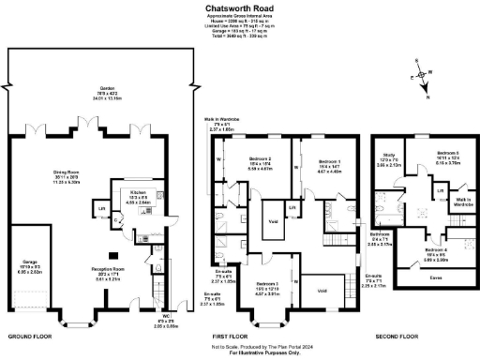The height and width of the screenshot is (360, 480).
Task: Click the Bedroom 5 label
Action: coord(446,151)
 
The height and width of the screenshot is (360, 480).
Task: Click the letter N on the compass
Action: coord(428,97)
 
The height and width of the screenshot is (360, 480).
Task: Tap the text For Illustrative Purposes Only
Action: coord(239,353)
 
